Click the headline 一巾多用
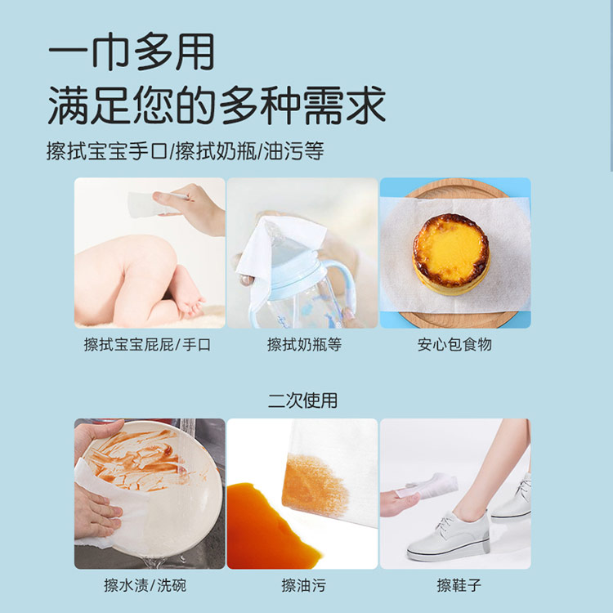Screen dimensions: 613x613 point(132,52)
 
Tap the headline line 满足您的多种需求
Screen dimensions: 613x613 point(217,105)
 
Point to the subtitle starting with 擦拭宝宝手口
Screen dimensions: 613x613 point(186,151)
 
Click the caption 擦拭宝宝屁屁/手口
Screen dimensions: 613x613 point(147,345)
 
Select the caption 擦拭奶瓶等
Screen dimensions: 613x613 point(304,345)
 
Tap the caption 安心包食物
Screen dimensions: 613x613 point(454,345)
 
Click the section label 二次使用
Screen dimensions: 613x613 point(302,400)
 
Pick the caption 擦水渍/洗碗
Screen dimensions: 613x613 point(145,586)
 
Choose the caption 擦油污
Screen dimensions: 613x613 point(303,586)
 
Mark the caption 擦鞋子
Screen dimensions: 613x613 point(459,586)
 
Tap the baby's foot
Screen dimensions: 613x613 point(190,301)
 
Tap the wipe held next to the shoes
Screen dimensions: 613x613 point(430,486)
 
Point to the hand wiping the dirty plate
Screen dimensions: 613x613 point(96,514)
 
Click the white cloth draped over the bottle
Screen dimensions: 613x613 point(279,250)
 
